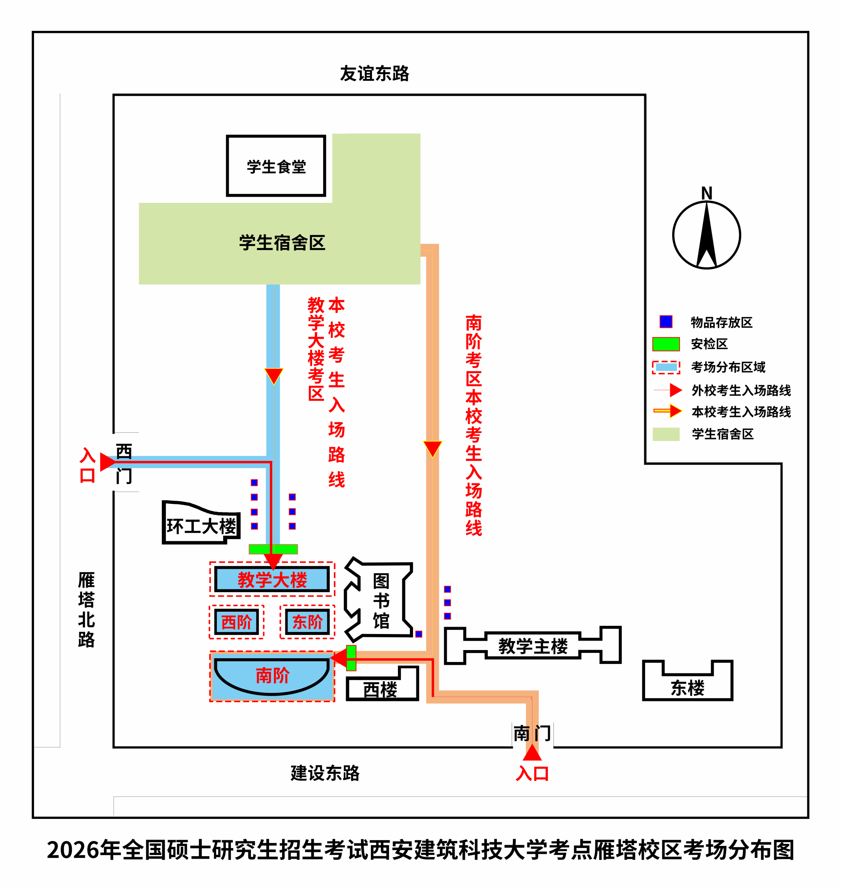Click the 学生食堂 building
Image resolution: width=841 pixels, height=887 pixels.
click(276, 166)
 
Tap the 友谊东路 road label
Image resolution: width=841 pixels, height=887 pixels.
click(375, 74)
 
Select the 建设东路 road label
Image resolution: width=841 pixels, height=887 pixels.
click(325, 773)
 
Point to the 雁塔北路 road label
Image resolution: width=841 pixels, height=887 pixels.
click(86, 609)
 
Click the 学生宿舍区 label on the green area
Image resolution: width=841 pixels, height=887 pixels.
click(282, 243)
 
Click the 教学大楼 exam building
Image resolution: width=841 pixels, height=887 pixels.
click(272, 579)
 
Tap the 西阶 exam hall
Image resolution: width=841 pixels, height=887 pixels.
click(236, 622)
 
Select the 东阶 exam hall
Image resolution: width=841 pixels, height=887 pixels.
click(307, 622)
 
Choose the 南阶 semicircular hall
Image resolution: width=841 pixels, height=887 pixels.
click(272, 675)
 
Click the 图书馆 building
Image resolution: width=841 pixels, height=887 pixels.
click(381, 601)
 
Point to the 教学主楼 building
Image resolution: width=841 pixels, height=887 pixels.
click(533, 646)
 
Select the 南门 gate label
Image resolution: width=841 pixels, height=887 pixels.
click(532, 733)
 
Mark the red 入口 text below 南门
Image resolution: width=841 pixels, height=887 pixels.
click(532, 774)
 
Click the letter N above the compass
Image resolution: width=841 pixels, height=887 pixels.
click(706, 193)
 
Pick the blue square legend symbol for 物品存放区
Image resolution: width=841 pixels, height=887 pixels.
click(666, 322)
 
